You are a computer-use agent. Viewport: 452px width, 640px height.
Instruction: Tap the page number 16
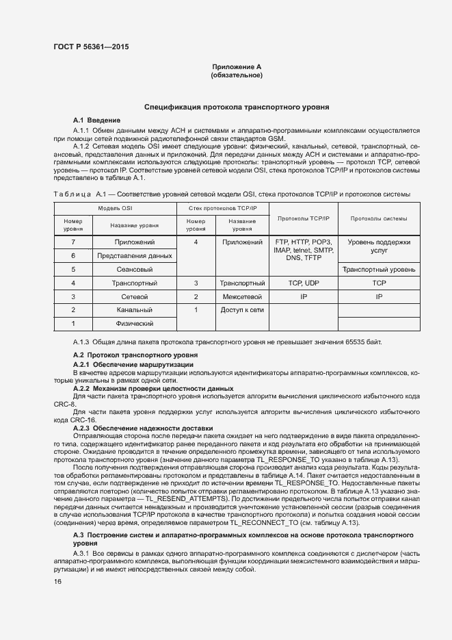tap(57, 581)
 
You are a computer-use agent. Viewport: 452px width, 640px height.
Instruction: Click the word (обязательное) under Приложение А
tap(237, 75)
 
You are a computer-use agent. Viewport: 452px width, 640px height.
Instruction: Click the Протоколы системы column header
tap(379, 218)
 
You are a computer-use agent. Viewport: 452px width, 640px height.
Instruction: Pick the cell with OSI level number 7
tap(72, 242)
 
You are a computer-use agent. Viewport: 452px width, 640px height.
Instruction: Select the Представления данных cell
tap(134, 255)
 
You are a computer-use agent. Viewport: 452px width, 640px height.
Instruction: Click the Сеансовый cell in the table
tap(134, 269)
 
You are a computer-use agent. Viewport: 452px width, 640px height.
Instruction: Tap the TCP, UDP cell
tap(304, 283)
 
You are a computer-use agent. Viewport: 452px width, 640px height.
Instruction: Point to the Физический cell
tap(134, 323)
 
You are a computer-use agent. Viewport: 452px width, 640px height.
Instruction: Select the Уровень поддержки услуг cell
tap(379, 246)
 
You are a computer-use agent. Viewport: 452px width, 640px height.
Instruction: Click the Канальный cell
tap(134, 310)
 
